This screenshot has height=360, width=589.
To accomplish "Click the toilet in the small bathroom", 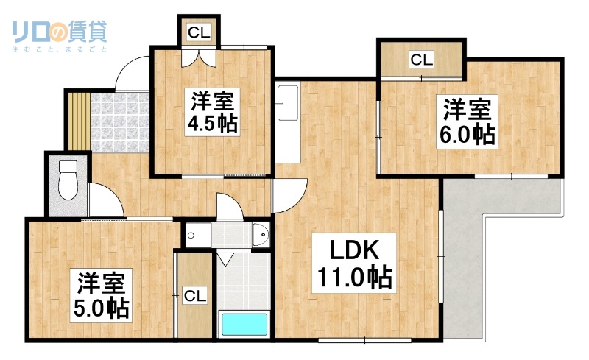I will [68, 178].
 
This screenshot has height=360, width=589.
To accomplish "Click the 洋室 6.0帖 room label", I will [467, 122].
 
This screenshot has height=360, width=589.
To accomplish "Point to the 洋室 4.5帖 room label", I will [212, 110].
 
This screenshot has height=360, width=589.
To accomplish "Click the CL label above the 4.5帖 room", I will [199, 32].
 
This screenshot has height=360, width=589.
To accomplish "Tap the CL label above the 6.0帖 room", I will [421, 59].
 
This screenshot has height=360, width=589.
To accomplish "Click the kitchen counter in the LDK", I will [287, 121].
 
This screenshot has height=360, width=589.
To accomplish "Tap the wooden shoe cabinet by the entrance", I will [77, 120].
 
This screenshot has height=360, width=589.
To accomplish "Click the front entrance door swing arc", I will [131, 74].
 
